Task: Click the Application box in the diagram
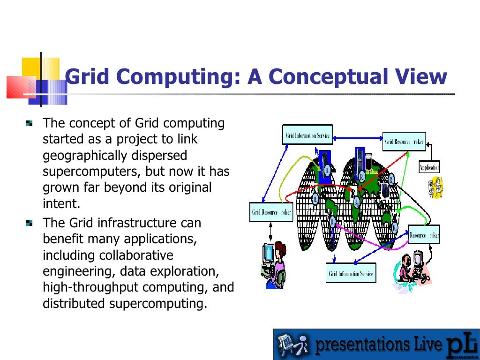429,167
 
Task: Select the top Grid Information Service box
307,135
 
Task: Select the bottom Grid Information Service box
351,273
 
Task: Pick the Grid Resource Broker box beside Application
404,142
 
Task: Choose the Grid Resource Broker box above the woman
271,212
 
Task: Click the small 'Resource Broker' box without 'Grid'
424,235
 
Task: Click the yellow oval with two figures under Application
435,187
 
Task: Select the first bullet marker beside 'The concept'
30,124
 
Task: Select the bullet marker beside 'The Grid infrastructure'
30,223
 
